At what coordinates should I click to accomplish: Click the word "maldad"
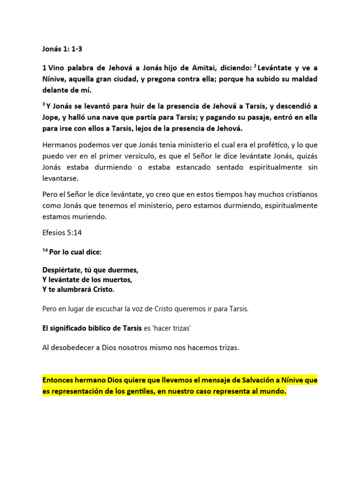click(304, 79)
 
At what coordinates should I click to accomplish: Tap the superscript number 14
click(45, 250)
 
